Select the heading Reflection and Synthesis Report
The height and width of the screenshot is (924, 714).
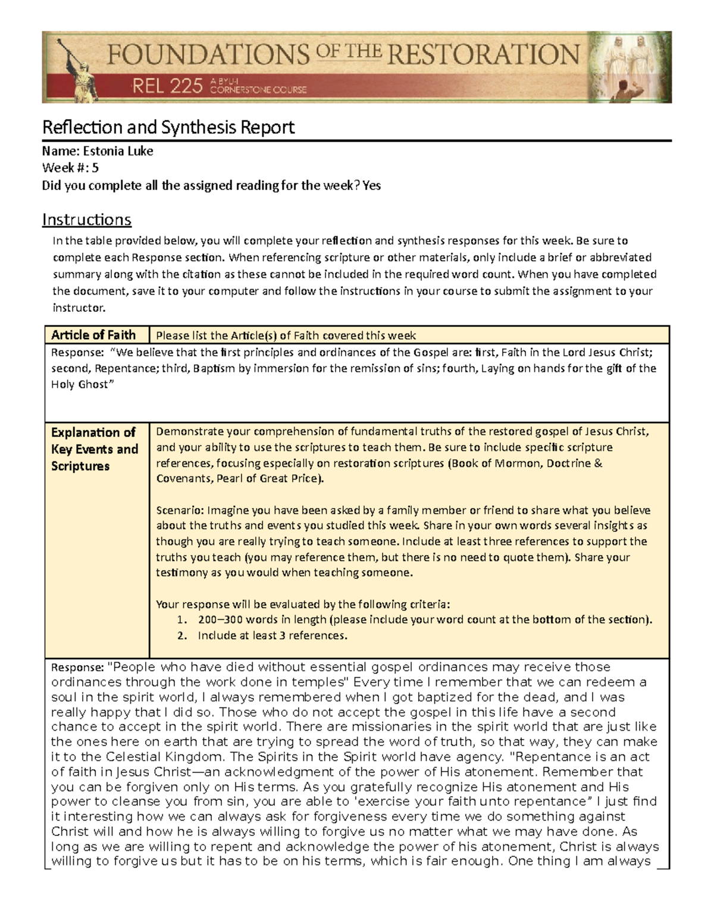(x=168, y=127)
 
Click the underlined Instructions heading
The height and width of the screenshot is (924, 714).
(x=86, y=220)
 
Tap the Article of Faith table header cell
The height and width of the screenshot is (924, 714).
(x=93, y=335)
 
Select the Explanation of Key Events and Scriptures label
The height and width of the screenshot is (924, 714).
(x=95, y=449)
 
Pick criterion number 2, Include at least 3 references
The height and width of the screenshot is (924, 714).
(x=272, y=635)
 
